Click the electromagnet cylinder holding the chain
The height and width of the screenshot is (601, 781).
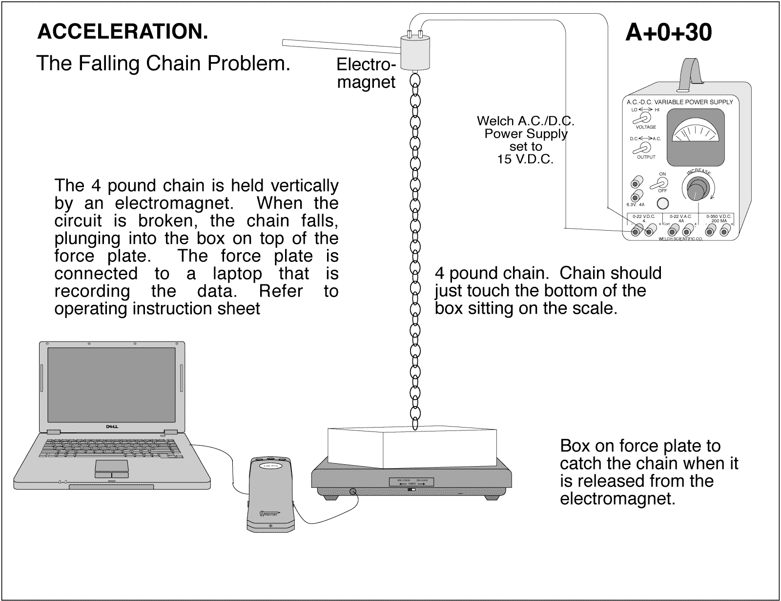pos(414,54)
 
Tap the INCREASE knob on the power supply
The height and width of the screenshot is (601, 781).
pos(696,188)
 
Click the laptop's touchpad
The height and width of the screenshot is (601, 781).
pos(112,468)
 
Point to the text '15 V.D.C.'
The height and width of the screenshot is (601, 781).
pos(525,159)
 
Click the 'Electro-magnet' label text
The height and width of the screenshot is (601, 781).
pos(366,73)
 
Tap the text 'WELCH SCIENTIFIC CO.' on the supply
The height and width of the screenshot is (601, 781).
pos(680,238)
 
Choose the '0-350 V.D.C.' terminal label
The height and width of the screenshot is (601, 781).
pos(719,216)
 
